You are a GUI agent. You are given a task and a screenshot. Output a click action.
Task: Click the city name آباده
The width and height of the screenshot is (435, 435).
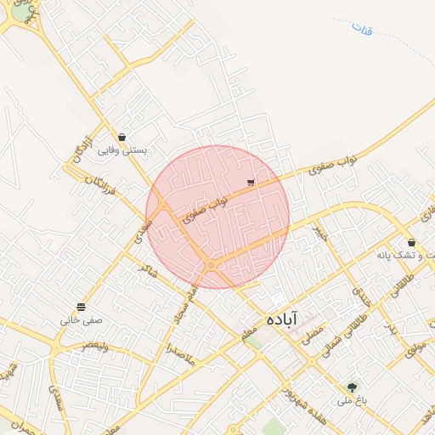click(x=280, y=319)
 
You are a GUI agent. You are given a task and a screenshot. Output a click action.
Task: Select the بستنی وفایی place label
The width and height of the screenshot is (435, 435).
click(x=122, y=150)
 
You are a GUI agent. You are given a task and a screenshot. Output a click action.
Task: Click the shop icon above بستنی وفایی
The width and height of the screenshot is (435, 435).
click(x=122, y=137)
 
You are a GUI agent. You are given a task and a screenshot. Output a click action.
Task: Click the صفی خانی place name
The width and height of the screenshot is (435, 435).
click(x=81, y=320)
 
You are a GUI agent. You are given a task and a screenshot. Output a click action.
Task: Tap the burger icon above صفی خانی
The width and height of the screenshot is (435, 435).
click(x=81, y=307)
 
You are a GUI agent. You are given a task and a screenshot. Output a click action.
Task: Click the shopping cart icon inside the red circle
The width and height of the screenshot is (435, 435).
click(x=250, y=183)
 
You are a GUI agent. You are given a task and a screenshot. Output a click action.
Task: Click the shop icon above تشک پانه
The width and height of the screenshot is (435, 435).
click(x=411, y=243)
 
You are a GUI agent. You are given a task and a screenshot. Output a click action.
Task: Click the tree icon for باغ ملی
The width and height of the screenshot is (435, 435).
click(x=352, y=387)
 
